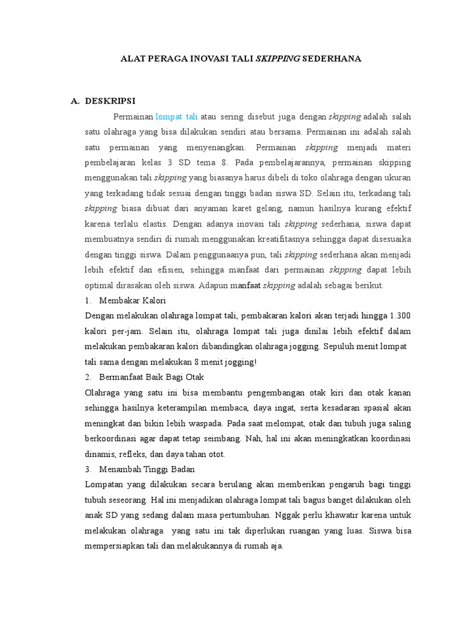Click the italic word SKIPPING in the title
277,59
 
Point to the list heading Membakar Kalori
132,302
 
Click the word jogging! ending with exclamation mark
240,362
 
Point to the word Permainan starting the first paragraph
133,116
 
